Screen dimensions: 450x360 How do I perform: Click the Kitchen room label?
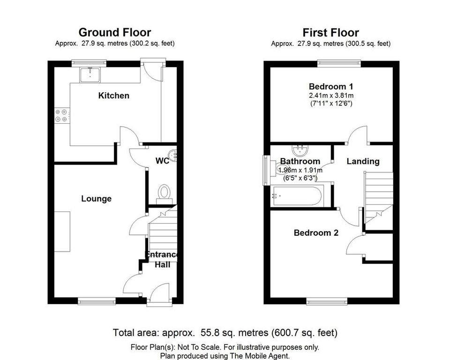pyautogui.click(x=113, y=96)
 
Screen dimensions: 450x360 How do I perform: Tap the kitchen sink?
pyautogui.click(x=90, y=75)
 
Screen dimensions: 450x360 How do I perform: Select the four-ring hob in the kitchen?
pyautogui.click(x=62, y=115)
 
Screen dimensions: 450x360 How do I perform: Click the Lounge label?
pyautogui.click(x=96, y=199)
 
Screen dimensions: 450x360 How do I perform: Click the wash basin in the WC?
pyautogui.click(x=173, y=156)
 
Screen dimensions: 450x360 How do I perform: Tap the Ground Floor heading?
pyautogui.click(x=115, y=32)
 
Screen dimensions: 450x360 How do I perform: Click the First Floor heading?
pyautogui.click(x=330, y=33)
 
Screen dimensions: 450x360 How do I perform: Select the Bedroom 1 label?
pyautogui.click(x=331, y=86)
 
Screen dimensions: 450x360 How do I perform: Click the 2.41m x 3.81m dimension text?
pyautogui.click(x=331, y=95)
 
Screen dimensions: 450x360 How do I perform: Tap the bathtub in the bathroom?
pyautogui.click(x=297, y=196)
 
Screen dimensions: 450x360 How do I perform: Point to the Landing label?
pyautogui.click(x=363, y=161)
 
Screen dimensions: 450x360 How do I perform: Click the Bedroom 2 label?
pyautogui.click(x=316, y=233)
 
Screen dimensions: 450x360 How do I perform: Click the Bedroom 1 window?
pyautogui.click(x=339, y=63)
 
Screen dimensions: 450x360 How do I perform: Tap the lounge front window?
pyautogui.click(x=97, y=301)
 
